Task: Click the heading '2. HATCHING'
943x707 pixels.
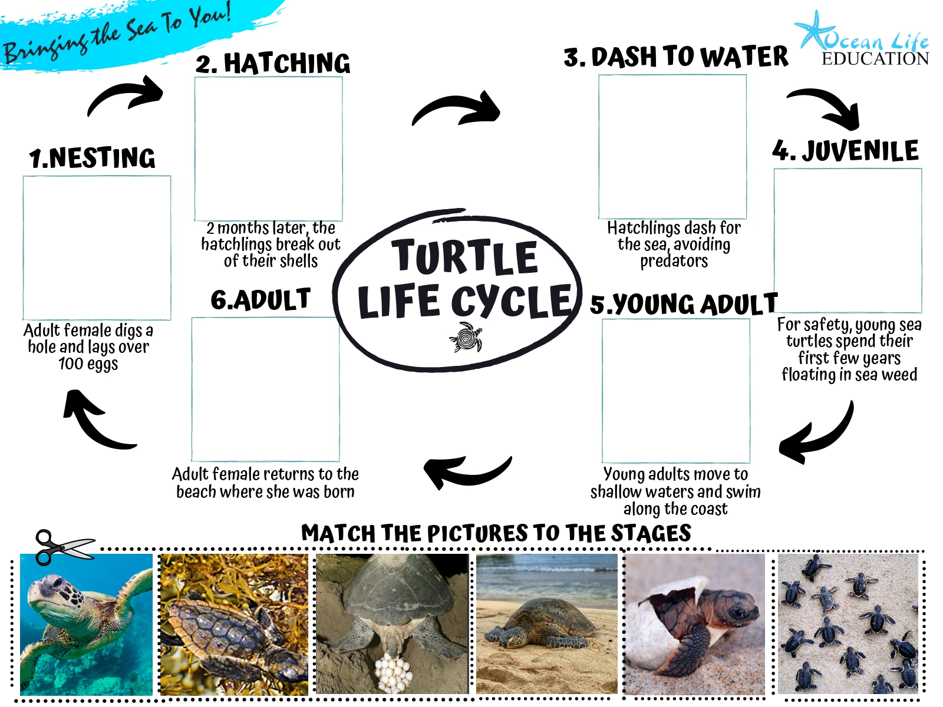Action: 273,63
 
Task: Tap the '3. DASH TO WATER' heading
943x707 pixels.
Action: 676,57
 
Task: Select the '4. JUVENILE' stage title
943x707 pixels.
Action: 845,151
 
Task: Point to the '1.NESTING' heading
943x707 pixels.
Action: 92,157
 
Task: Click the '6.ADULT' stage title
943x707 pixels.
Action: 261,299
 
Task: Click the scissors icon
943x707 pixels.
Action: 64,547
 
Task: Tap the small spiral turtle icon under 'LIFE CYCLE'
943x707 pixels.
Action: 466,337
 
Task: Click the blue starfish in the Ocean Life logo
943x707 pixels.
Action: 813,30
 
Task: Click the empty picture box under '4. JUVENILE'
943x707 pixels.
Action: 848,240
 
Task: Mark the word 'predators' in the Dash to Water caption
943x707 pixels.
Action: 674,261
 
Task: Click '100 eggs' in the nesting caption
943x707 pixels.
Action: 88,364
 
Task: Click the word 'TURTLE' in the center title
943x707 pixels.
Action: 464,256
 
